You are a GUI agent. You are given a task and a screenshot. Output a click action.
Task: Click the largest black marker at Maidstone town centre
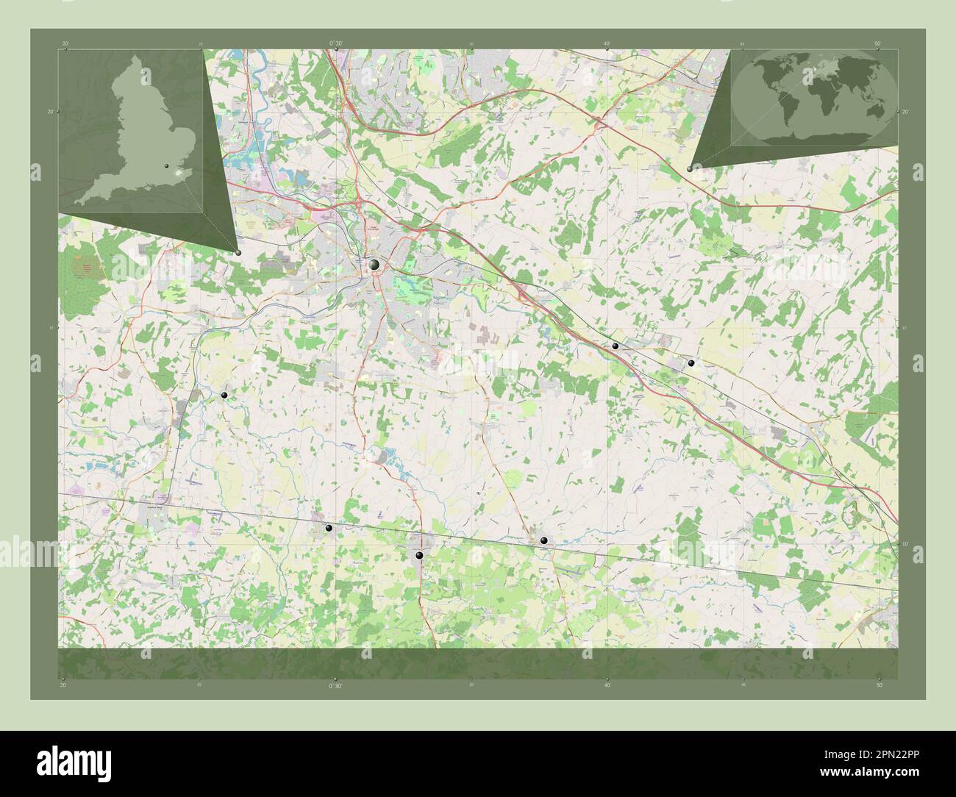coord(374,265)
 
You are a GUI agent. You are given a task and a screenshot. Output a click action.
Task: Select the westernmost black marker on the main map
coord(224,396)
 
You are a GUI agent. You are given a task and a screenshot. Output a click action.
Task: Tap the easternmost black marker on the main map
coord(691,363)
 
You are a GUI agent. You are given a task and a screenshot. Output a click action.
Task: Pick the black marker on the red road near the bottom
coord(419,556)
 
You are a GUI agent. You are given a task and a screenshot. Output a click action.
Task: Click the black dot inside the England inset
coord(167,168)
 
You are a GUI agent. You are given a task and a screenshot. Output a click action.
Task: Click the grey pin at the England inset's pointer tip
coord(239,252)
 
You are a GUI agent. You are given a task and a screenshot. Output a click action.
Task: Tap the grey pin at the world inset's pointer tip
coord(689,169)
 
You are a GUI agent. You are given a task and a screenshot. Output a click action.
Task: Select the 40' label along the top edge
coord(607,44)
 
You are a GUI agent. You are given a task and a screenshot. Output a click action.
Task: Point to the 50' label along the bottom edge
coord(879,685)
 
